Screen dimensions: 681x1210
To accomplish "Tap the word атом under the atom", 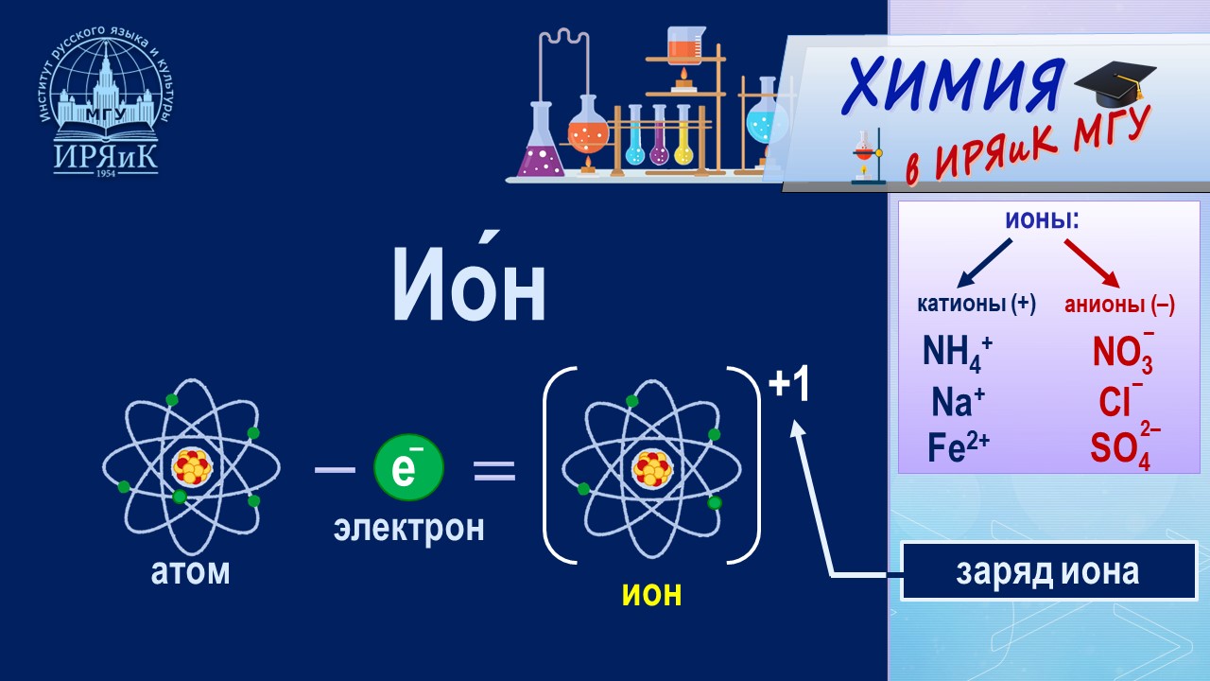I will [191, 572].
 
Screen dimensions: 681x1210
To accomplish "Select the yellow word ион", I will [651, 593].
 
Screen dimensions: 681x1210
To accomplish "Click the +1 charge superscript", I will [788, 386].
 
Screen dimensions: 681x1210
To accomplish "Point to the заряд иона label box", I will [1047, 571].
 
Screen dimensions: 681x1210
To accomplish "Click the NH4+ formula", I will [957, 354].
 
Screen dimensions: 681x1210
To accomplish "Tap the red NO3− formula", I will [1123, 352].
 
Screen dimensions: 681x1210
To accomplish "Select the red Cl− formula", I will [1120, 401].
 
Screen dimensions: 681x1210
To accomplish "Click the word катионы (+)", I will [977, 305].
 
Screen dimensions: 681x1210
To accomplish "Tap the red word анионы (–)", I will [1119, 305].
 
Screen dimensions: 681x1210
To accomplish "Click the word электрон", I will [408, 528].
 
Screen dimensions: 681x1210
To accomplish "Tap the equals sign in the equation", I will [493, 470].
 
